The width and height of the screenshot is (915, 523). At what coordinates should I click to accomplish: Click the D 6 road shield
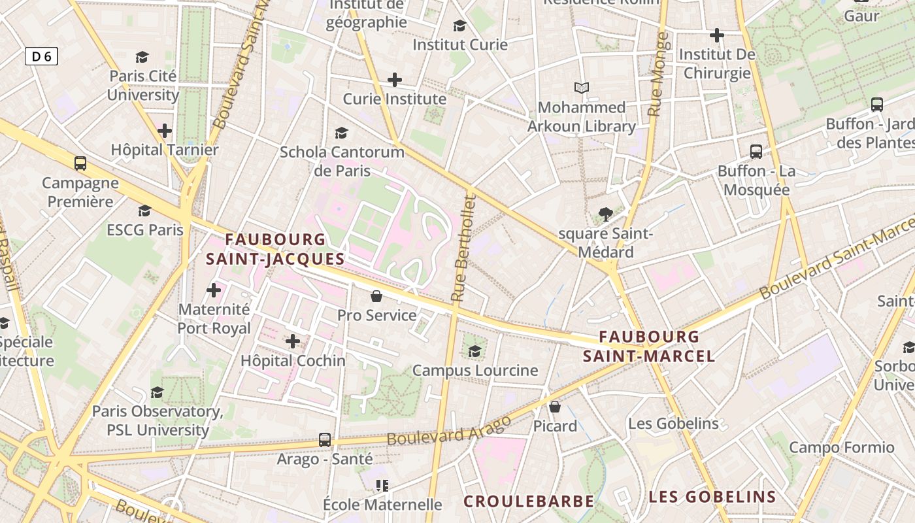coord(41,57)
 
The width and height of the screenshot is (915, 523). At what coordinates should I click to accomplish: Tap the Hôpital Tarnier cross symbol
coord(165,131)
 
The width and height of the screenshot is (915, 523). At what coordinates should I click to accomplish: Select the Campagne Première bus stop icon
coord(80,163)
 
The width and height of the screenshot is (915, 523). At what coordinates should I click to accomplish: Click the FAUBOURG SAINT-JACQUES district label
coord(275,249)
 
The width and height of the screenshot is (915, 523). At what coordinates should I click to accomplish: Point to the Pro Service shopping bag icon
coord(376,296)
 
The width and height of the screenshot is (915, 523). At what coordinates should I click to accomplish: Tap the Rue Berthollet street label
coord(463,248)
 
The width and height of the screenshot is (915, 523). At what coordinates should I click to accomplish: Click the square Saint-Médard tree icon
coord(605,214)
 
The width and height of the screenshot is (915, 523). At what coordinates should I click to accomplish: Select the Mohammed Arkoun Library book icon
coord(581,88)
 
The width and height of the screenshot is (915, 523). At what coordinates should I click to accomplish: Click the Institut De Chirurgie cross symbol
coord(717,35)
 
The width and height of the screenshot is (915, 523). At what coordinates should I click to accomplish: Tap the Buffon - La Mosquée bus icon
coord(756,152)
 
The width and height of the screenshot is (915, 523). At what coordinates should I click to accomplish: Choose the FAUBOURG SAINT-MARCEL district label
coord(649,346)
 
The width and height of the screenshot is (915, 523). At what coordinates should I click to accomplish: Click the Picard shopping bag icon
coord(555,407)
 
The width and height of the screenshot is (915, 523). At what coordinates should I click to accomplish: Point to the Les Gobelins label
coord(673,424)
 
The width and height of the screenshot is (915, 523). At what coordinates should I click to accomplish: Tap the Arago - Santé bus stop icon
coord(325,439)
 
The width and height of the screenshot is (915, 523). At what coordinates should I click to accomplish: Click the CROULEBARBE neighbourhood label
coord(529,501)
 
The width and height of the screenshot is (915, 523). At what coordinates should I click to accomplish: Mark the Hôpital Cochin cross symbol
coord(293,341)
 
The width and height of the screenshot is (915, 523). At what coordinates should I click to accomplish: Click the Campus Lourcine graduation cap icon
coord(475,351)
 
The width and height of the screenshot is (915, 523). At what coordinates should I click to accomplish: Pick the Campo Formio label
coord(841,448)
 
